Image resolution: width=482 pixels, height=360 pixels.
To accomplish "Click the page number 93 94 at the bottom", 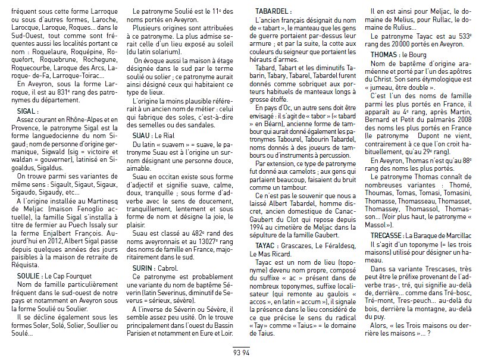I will (240, 351).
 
